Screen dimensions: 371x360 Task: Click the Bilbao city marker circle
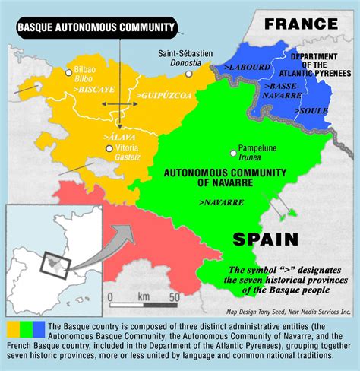(69, 72)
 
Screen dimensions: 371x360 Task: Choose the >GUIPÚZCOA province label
(158, 96)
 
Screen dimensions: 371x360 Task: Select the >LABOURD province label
(241, 68)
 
